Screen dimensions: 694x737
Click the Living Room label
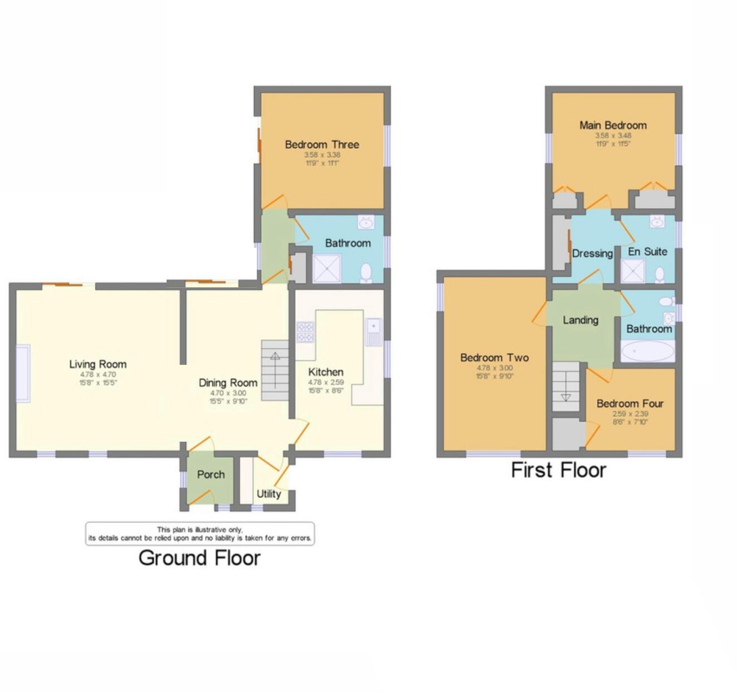tap(97, 364)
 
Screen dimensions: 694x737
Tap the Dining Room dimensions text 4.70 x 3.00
tap(228, 393)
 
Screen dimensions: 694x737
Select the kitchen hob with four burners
tap(305, 332)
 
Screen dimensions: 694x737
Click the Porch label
tap(211, 475)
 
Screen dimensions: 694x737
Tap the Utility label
tap(269, 493)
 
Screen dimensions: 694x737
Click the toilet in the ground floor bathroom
tap(366, 273)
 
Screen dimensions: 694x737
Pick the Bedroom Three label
tap(322, 145)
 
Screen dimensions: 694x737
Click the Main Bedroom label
tap(613, 125)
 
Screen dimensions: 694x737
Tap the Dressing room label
tap(592, 253)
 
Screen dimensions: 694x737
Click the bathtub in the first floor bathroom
tap(647, 351)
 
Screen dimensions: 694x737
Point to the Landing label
tap(580, 320)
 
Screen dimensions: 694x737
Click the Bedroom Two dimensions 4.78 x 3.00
tap(494, 368)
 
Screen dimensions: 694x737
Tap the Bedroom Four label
tap(630, 403)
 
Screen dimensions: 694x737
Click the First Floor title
tap(558, 470)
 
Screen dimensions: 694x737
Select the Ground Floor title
tap(199, 558)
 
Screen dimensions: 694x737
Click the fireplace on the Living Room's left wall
tap(23, 373)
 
